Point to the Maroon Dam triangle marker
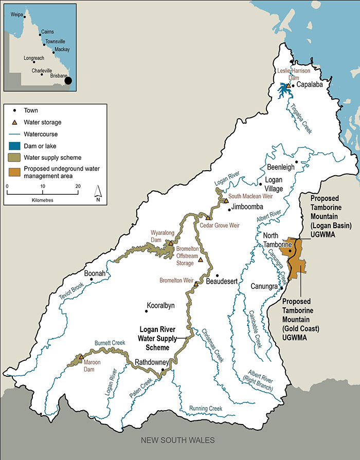coord(81,357)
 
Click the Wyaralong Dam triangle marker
coord(171,243)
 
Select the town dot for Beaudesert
coord(218,275)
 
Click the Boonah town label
coord(95,274)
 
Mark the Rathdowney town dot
coord(163,370)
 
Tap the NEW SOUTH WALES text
coord(179,440)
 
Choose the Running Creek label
coord(205,408)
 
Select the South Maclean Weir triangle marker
coord(226,200)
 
